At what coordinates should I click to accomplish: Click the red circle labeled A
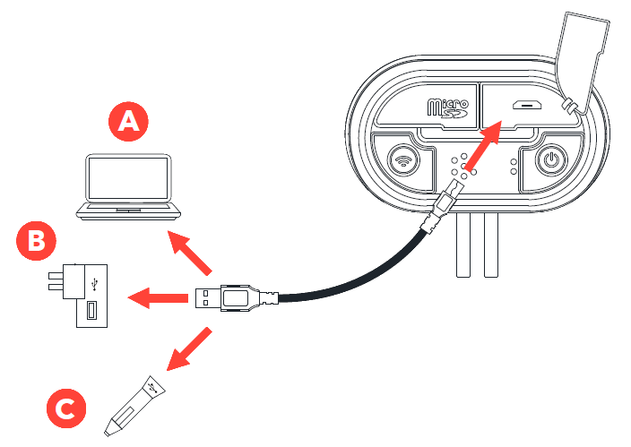(x=130, y=121)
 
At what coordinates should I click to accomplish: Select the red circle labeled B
(x=37, y=240)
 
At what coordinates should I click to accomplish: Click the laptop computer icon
(x=128, y=187)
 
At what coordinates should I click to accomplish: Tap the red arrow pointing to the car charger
(x=191, y=348)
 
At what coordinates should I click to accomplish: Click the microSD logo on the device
(x=448, y=110)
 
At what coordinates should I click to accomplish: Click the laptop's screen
(x=128, y=178)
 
